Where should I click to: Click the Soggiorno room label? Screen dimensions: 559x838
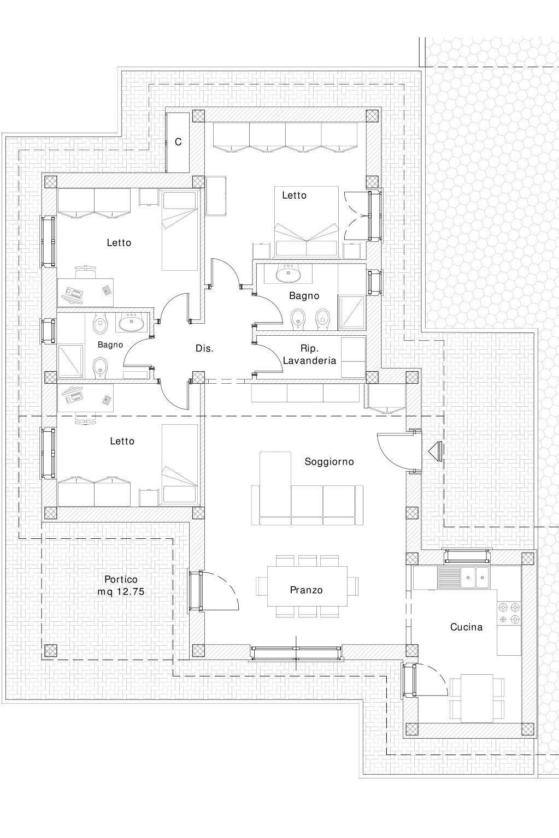coord(329,462)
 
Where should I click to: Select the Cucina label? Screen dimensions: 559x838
coord(466,627)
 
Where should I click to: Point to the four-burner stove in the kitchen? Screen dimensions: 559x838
coord(509,614)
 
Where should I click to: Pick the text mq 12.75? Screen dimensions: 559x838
coord(121,592)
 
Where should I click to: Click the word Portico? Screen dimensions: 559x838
coord(121,579)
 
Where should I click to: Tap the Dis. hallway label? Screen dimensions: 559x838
coord(204,349)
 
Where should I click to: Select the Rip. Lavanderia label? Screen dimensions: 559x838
coord(310,355)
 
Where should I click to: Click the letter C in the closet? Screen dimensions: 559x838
coord(178,142)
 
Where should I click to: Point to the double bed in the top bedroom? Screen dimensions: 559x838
coord(307,222)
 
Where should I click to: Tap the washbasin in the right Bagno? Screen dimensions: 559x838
coord(288,274)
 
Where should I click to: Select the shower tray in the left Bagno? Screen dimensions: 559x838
coord(70,360)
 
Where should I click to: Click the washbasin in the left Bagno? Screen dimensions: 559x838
coord(132,323)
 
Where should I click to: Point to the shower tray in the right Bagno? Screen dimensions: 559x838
coord(351,313)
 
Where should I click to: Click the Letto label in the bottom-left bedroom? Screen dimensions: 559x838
coord(122,442)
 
